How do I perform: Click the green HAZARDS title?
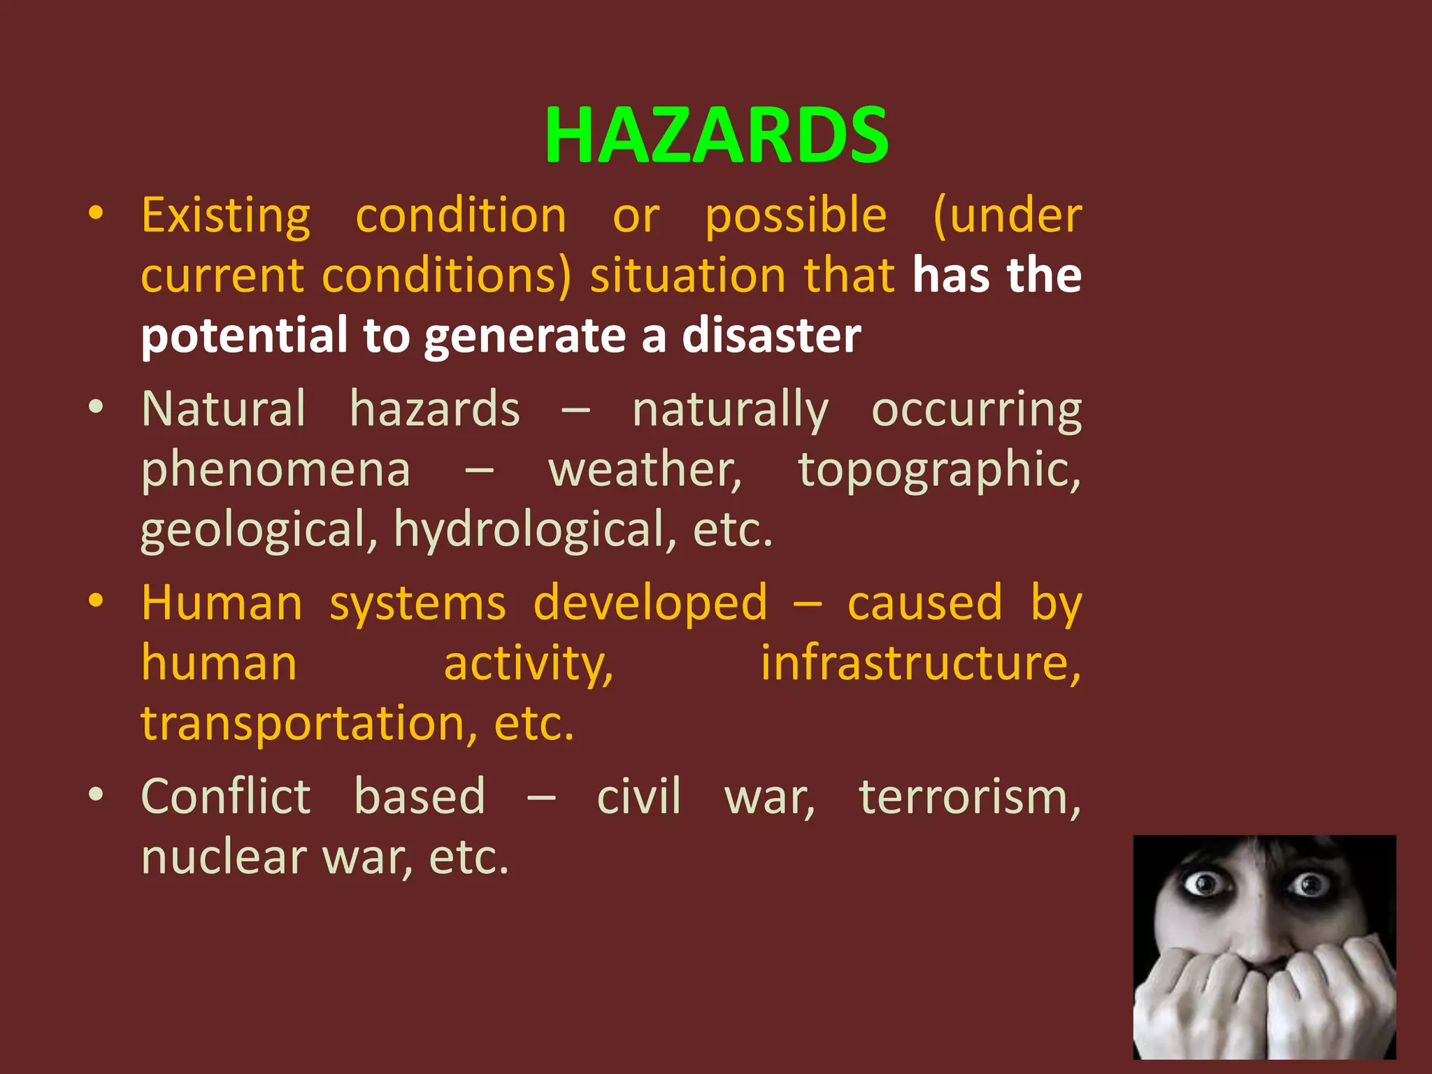click(716, 135)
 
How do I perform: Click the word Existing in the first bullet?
click(226, 216)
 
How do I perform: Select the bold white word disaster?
click(771, 336)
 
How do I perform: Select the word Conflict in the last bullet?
click(226, 796)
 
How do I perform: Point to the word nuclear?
click(224, 857)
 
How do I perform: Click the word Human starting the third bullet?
click(222, 603)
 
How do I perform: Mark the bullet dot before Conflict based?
click(96, 794)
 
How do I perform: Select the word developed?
click(650, 603)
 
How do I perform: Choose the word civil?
click(638, 796)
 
